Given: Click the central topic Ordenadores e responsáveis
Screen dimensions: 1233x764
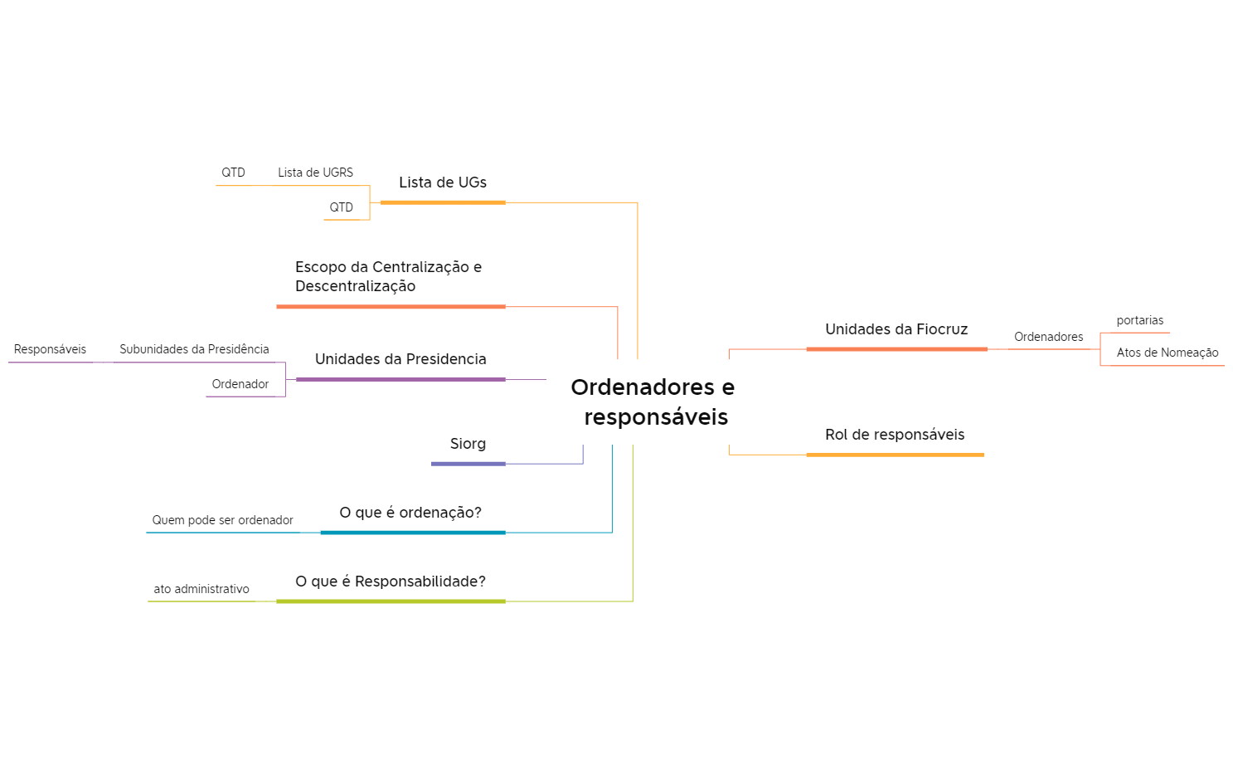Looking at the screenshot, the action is (653, 401).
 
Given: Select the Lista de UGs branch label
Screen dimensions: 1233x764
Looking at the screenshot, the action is (443, 182).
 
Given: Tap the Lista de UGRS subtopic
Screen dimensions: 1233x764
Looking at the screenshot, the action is (315, 173).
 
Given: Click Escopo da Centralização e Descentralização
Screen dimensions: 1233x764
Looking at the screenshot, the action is (388, 276).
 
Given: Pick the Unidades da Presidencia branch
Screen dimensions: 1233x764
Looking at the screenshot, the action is (400, 359).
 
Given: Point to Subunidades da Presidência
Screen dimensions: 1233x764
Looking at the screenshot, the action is (194, 349).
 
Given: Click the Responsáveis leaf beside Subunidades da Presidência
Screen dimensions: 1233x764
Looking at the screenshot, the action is (50, 349).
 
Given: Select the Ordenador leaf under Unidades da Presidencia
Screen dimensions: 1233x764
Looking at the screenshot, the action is (240, 384).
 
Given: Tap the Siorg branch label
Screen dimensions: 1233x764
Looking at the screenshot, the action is (468, 444).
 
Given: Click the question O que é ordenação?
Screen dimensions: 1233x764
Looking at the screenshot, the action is (410, 513).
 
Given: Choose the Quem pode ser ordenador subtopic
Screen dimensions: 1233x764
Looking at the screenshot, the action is (222, 520).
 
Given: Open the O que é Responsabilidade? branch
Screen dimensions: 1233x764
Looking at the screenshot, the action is (391, 582).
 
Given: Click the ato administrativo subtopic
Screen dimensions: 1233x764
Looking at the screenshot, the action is (201, 589).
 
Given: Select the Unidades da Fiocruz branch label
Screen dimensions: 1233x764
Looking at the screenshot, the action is (896, 329).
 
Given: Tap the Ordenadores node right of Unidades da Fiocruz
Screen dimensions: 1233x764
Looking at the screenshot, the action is (1048, 337).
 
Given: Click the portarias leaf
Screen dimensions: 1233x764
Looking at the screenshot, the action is (1139, 320).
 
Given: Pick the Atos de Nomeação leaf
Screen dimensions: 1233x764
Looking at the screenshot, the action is (1167, 353).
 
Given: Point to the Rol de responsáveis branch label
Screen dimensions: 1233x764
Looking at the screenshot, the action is (895, 435).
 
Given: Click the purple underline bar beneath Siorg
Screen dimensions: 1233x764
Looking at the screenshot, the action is (468, 464).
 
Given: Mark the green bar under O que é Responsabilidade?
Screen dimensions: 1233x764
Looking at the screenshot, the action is (391, 601).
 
